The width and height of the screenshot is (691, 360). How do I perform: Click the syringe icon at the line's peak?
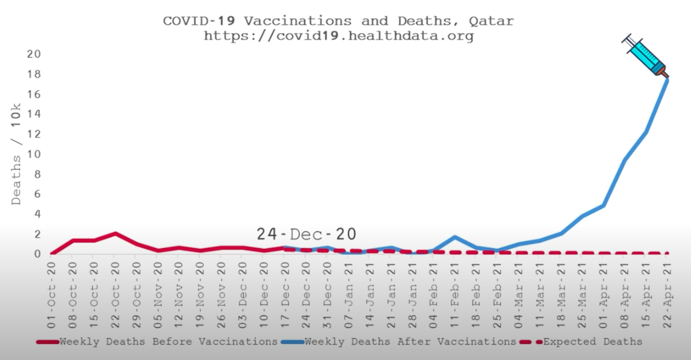click(x=645, y=56)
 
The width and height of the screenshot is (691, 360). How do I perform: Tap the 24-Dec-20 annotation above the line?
click(x=306, y=234)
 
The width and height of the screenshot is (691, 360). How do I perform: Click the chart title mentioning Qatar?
click(x=338, y=21)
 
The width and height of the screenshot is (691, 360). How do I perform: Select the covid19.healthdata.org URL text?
click(x=338, y=36)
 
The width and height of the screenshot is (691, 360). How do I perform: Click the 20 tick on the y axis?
click(x=34, y=54)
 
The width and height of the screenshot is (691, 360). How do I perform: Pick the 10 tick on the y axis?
click(x=34, y=154)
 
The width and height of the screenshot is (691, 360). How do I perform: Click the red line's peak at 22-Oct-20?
click(x=116, y=233)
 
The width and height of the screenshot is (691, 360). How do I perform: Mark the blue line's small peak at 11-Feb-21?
click(x=455, y=237)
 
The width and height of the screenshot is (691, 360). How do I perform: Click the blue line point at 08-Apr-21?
click(x=625, y=160)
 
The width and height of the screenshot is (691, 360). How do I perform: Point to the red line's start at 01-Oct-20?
click(x=52, y=254)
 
